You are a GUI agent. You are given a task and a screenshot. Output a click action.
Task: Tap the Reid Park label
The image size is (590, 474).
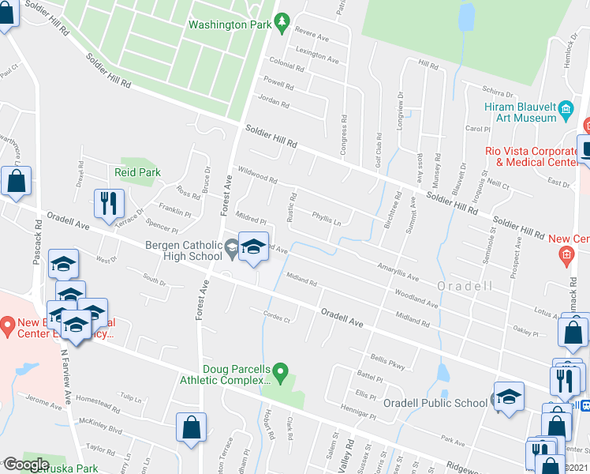click(137, 172)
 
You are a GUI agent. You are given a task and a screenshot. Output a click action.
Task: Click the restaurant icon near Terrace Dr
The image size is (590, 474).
click(109, 204)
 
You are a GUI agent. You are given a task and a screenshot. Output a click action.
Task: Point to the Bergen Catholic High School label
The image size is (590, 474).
click(184, 250)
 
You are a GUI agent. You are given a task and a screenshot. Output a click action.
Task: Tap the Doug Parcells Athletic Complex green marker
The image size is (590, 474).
click(286, 370)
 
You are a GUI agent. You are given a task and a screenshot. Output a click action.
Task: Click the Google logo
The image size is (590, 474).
click(26, 465)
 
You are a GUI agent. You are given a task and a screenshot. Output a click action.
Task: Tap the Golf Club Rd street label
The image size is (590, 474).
click(379, 143)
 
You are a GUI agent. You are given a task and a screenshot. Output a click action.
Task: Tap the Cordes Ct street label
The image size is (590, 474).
click(277, 318)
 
